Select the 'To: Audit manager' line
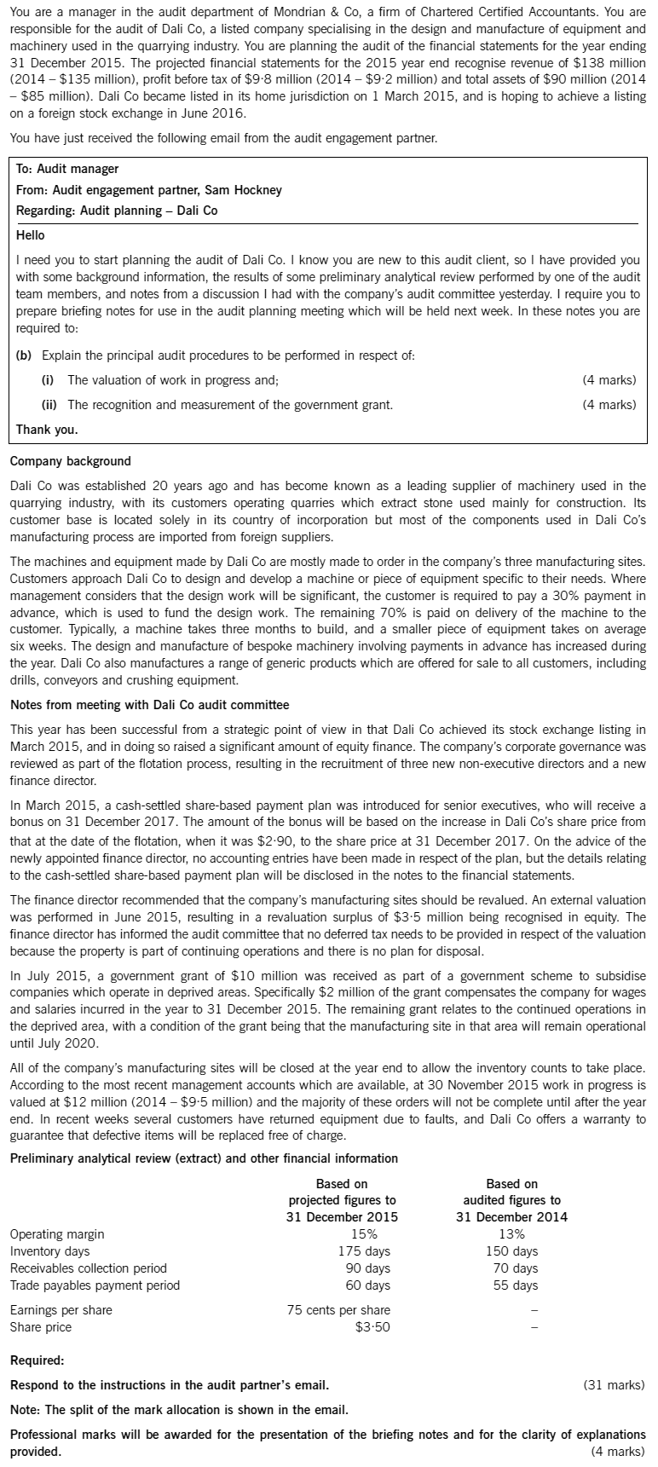click(67, 169)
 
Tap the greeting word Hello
click(31, 234)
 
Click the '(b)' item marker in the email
click(26, 355)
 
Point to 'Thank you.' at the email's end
click(47, 429)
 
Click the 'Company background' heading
click(71, 461)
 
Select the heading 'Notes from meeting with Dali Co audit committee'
click(149, 704)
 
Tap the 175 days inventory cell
click(365, 1251)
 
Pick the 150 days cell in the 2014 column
click(511, 1251)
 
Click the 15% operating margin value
click(365, 1234)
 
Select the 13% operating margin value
click(511, 1234)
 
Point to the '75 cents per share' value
click(338, 1310)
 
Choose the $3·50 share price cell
click(372, 1327)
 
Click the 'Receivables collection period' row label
click(88, 1268)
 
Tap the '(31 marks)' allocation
click(614, 1384)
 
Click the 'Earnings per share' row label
click(61, 1310)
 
